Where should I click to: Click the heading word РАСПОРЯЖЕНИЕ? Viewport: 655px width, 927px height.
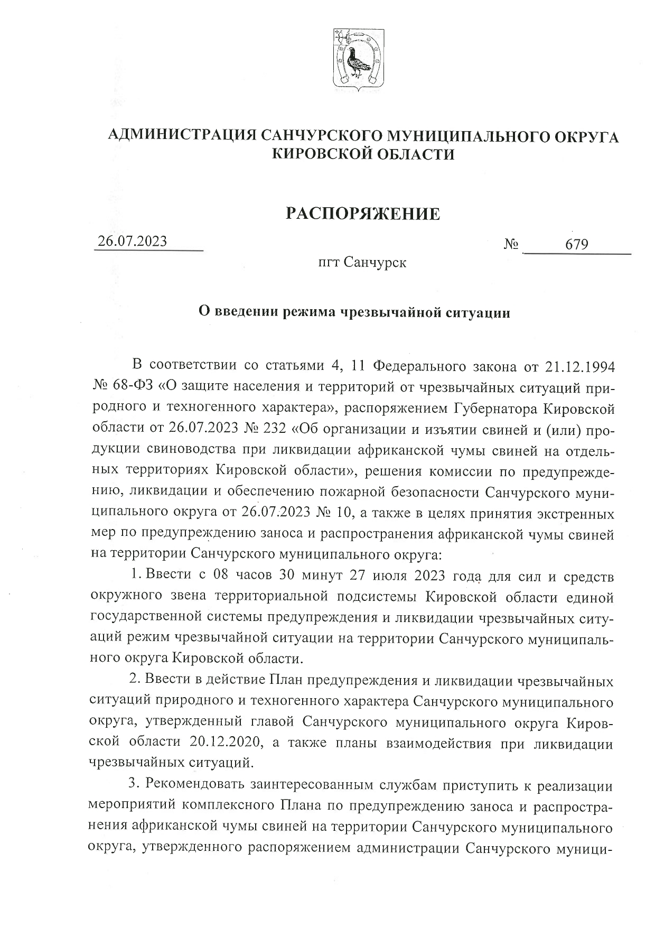coord(362,214)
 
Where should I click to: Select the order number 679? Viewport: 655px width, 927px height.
coord(577,245)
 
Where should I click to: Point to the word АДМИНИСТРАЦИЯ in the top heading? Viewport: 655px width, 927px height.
coord(182,136)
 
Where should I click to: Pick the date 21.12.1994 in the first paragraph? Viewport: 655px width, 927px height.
coord(579,365)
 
